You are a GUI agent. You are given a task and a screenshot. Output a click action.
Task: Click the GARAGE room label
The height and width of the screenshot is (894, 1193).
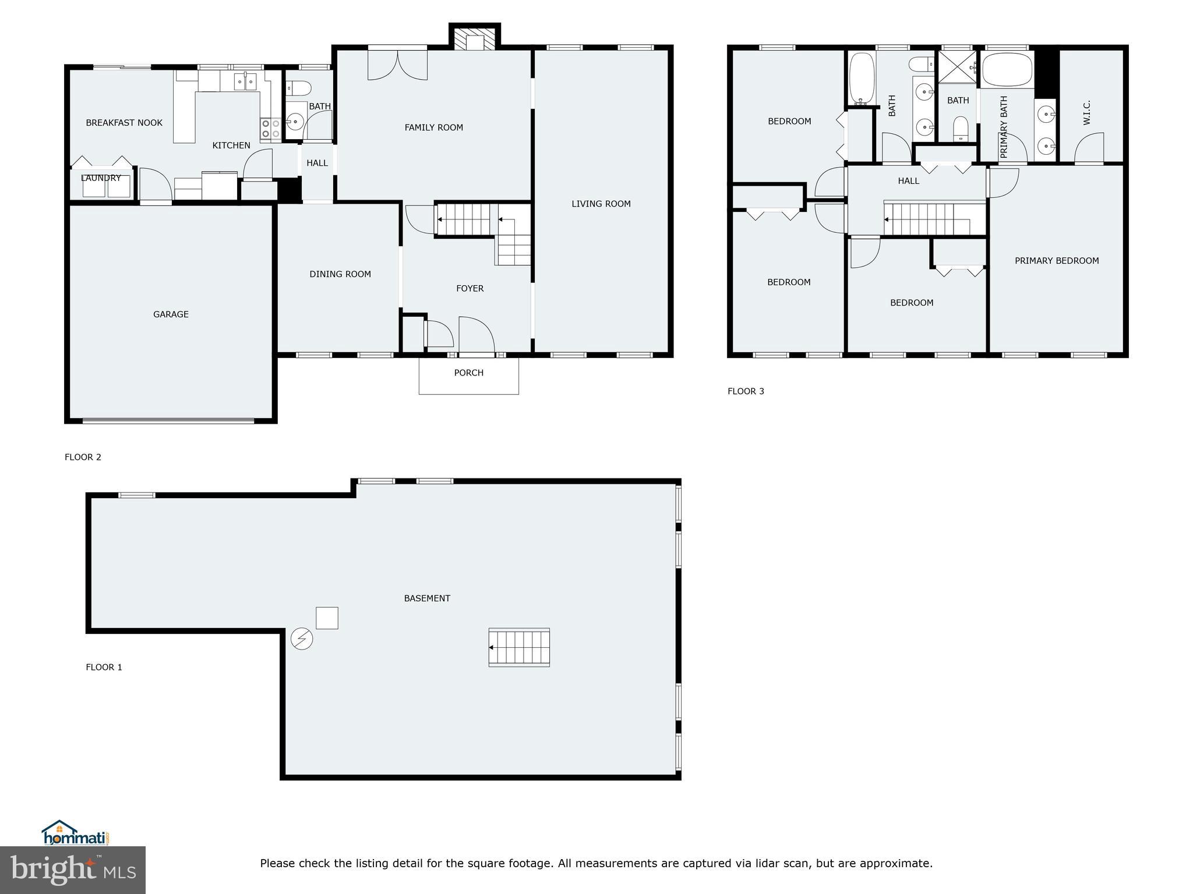click(x=171, y=314)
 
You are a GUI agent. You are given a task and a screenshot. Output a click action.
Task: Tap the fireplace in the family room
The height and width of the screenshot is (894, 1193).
click(x=475, y=40)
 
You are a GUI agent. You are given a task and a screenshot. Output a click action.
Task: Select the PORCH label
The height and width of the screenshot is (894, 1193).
click(x=468, y=373)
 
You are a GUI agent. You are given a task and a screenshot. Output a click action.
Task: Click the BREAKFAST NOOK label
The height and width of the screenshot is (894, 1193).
click(x=124, y=123)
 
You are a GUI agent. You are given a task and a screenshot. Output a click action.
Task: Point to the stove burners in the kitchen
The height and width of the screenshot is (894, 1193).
click(x=270, y=129)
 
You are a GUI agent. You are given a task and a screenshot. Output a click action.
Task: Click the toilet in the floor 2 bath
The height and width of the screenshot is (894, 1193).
click(x=298, y=88)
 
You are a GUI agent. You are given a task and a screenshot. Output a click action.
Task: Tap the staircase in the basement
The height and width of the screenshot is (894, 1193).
click(x=519, y=647)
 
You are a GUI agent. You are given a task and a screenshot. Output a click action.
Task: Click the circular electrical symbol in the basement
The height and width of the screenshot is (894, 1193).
click(x=302, y=639)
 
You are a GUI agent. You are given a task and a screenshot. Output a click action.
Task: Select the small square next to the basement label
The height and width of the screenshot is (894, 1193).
click(x=327, y=618)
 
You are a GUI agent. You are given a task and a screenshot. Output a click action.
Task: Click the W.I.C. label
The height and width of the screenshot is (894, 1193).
click(x=1086, y=113)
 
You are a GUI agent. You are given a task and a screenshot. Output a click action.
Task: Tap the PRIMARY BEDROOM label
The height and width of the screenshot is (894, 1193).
click(x=1057, y=261)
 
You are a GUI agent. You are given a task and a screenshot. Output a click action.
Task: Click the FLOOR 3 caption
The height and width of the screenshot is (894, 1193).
click(x=746, y=391)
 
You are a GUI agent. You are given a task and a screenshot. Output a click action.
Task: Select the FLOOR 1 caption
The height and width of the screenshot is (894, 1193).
click(x=104, y=667)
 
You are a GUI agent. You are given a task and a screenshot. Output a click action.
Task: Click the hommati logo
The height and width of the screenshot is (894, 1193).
click(x=75, y=833)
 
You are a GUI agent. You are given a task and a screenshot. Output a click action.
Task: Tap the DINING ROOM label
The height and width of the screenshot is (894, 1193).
click(x=340, y=274)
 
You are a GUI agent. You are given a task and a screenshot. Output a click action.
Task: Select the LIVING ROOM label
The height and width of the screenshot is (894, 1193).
click(x=601, y=204)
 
